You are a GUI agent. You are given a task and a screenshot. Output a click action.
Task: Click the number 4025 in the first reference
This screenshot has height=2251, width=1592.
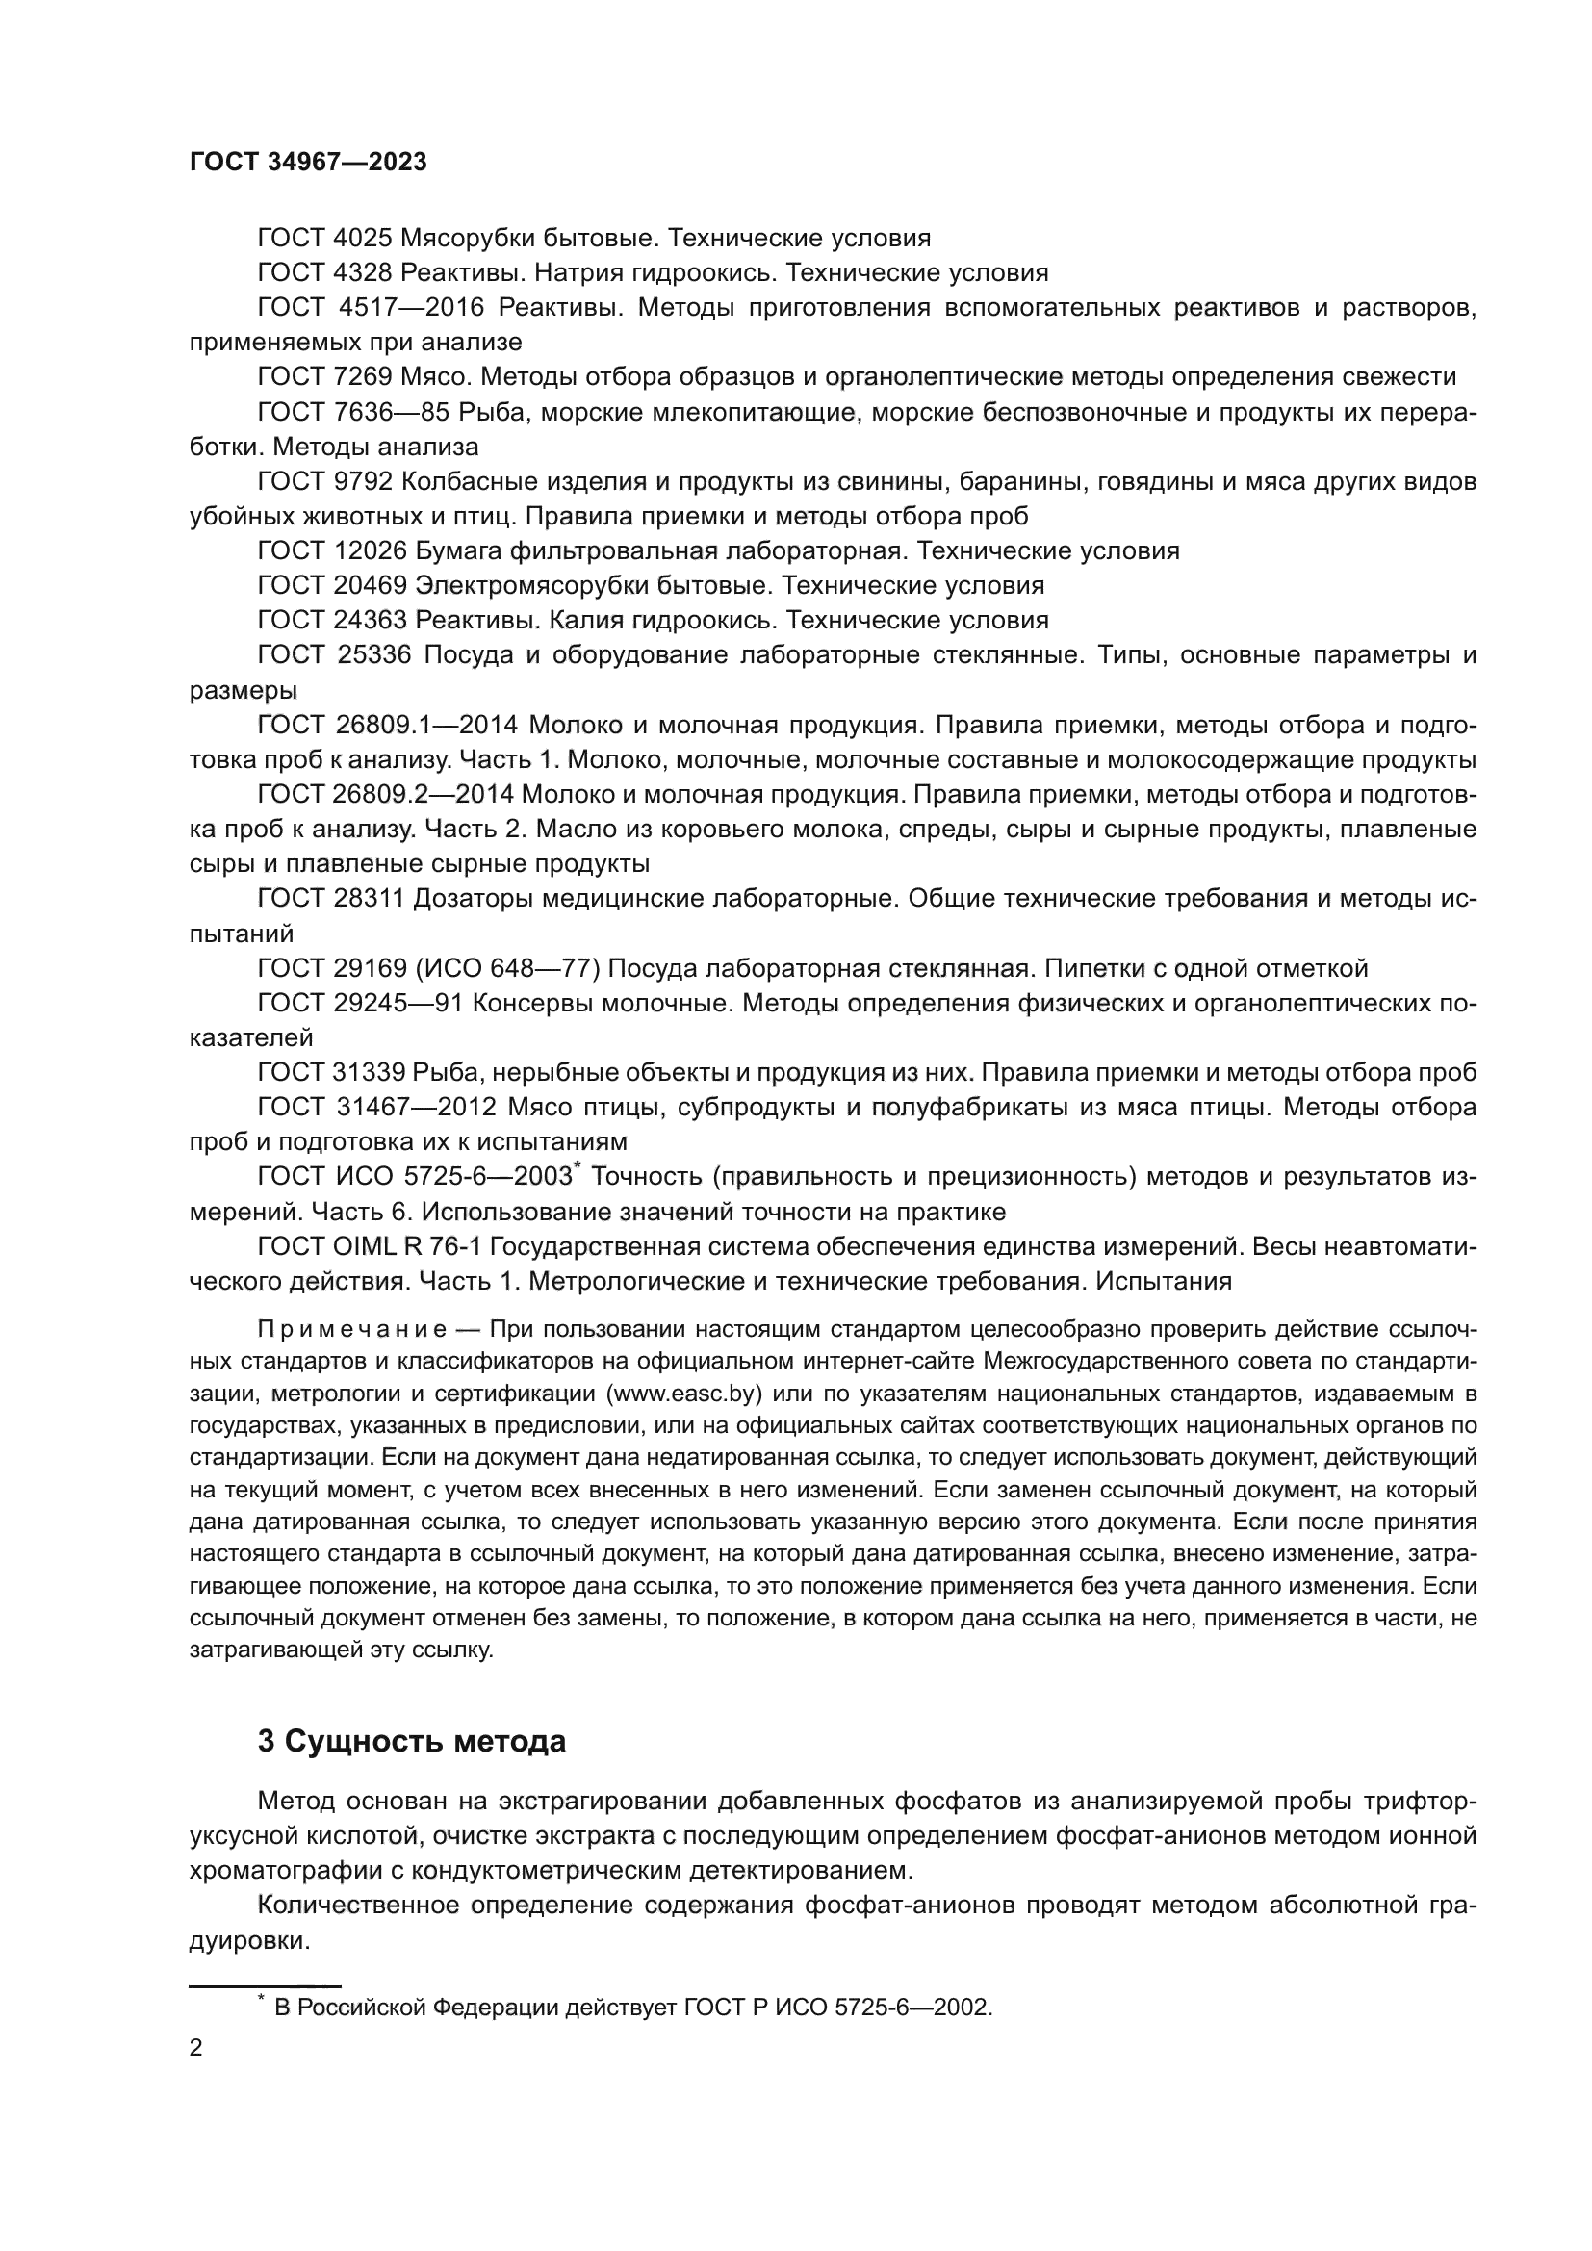pos(364,239)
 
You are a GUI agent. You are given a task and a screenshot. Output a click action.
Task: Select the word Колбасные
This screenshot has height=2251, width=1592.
pos(468,481)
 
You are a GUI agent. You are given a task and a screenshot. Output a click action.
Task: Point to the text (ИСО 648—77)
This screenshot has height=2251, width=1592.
pos(508,969)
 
